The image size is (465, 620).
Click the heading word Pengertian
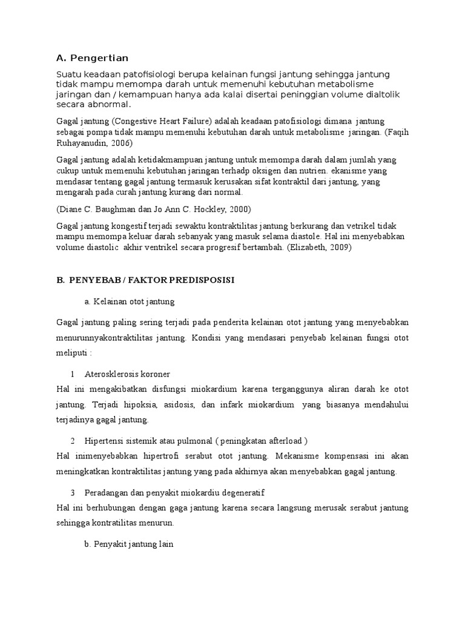pos(99,58)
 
